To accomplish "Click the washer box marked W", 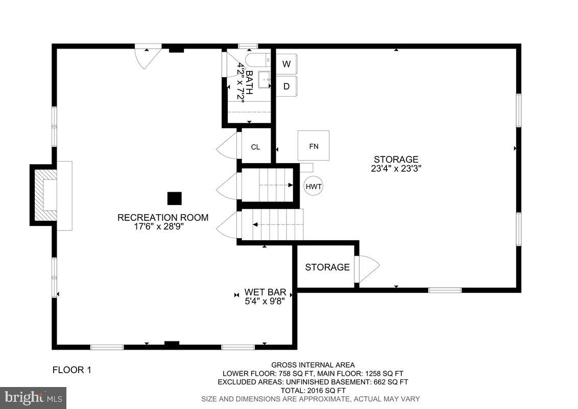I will [x=286, y=64].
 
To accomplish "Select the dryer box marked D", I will [x=286, y=86].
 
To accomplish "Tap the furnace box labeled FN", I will [x=314, y=146].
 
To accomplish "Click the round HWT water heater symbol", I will [x=314, y=187].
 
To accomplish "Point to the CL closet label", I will [x=255, y=147].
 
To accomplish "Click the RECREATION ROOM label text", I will [x=163, y=217].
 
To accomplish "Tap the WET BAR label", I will [x=264, y=292].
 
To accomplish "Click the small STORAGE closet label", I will [x=327, y=267].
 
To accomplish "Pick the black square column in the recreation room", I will [x=175, y=198].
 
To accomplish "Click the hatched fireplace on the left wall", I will [x=44, y=194].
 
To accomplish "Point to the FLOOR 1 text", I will [x=72, y=370].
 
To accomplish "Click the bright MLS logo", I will [x=33, y=397].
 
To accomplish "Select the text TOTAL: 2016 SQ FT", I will [x=312, y=390].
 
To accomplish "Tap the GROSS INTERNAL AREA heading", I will [x=312, y=365].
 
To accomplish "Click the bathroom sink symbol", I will [x=264, y=79].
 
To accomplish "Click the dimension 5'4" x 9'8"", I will [x=264, y=301].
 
